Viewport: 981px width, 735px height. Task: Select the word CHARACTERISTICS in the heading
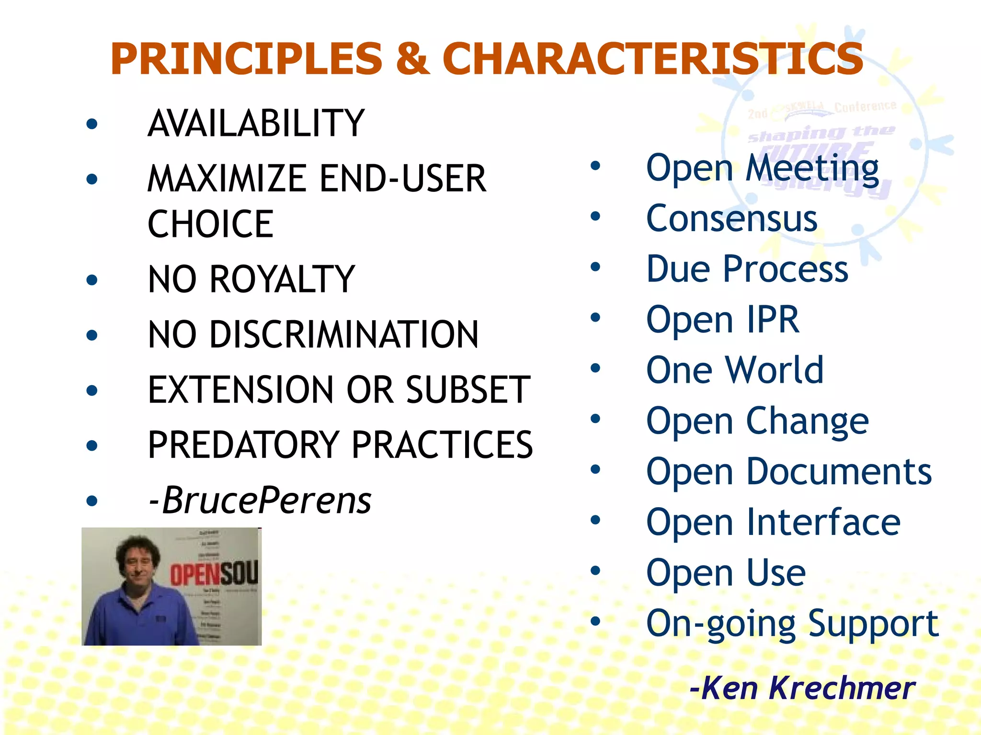[652, 59]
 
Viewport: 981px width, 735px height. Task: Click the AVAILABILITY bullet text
[256, 123]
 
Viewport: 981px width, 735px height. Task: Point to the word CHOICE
[210, 224]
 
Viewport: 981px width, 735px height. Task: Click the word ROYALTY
[282, 279]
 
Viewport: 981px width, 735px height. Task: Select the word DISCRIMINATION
[344, 334]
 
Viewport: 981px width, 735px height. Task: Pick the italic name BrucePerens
[266, 501]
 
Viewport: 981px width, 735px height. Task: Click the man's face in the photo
[138, 565]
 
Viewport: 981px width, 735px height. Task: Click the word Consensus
[731, 219]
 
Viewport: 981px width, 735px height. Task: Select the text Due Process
[747, 269]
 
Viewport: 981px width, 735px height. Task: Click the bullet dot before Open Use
[595, 570]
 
